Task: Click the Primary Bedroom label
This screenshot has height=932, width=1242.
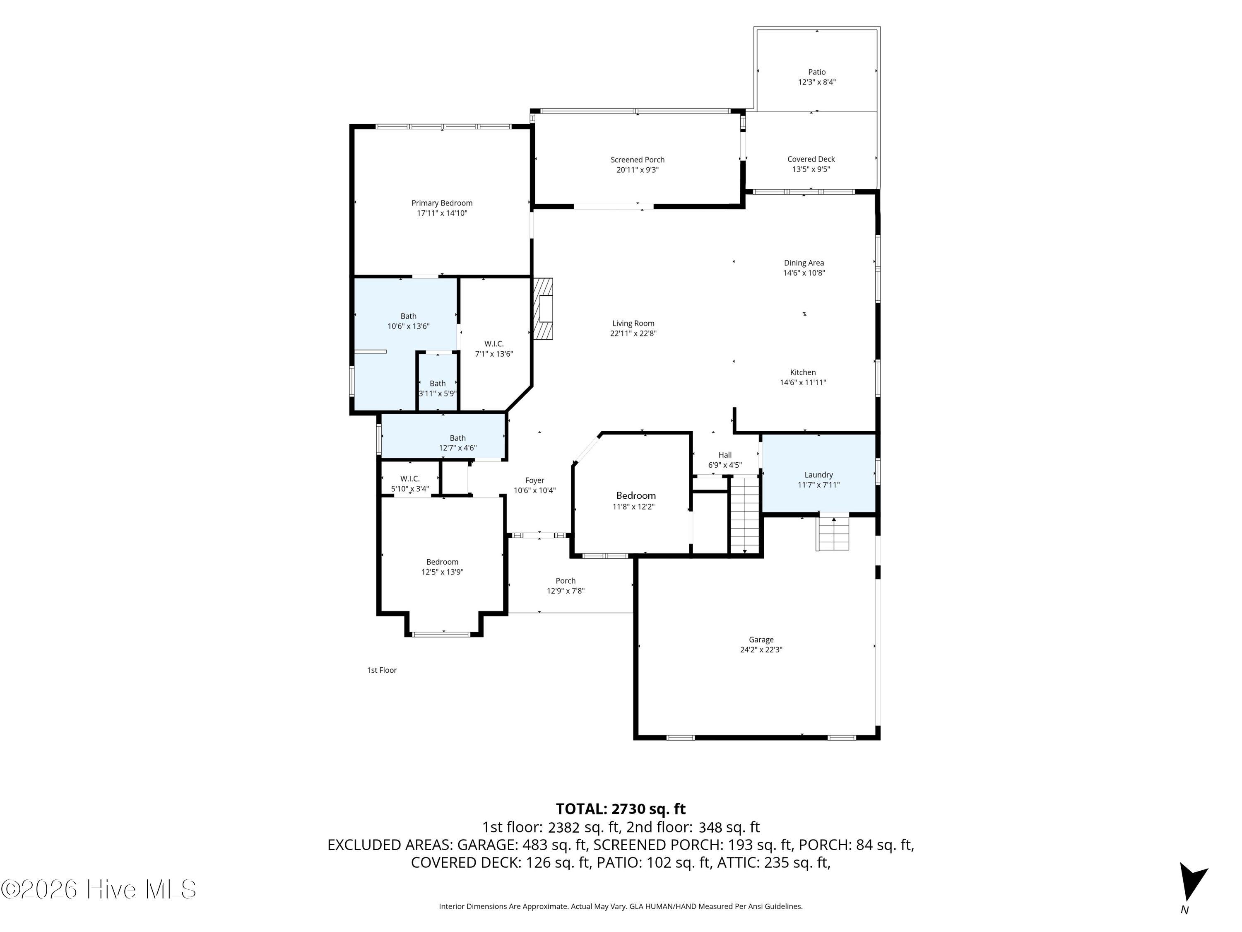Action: point(442,203)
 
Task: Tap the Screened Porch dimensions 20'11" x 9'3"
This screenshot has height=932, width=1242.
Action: point(637,170)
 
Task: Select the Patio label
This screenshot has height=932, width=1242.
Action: point(817,72)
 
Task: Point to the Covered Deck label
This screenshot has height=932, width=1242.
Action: point(811,159)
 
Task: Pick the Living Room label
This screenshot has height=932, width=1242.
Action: point(633,323)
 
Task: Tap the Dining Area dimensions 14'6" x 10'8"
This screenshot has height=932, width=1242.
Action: point(804,273)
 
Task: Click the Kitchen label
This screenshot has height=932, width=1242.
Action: point(803,372)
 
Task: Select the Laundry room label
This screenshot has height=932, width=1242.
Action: point(818,475)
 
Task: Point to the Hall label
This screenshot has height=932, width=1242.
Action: point(725,455)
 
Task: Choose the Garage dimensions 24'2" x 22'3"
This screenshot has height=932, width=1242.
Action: point(761,650)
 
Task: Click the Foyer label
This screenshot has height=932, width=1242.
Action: point(534,480)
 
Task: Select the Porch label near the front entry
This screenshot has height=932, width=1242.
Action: point(566,581)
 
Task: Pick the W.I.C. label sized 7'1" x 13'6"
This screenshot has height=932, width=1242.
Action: point(494,344)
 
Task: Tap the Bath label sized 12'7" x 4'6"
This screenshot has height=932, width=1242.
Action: point(457,438)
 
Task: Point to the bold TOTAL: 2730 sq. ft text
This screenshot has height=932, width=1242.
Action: point(621,809)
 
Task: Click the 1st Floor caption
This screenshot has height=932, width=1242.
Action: point(382,670)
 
